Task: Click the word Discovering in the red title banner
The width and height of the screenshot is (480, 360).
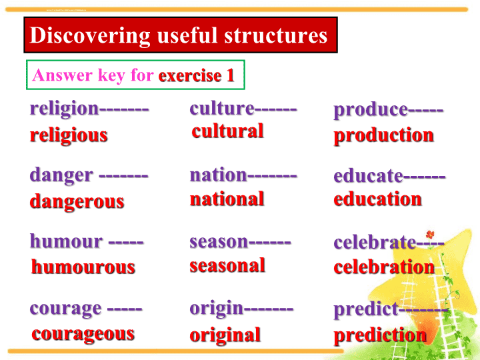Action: pos(90,36)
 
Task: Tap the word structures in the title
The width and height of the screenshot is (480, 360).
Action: pos(276,35)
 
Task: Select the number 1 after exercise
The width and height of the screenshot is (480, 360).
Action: pos(230,75)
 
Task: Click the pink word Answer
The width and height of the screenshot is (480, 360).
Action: pos(63,75)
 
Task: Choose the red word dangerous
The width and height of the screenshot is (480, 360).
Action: pos(77,202)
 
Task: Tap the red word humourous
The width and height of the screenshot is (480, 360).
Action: pos(83,267)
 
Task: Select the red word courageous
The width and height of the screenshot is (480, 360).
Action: pos(83,334)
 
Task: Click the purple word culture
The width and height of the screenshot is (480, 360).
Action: pos(222,109)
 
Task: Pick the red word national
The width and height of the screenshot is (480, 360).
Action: pos(227,199)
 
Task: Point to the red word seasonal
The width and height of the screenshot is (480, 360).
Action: pos(227,265)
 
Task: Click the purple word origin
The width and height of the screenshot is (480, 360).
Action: pos(217,309)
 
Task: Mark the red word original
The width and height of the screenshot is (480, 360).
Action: pos(225,335)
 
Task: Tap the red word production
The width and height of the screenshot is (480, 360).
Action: pos(383,135)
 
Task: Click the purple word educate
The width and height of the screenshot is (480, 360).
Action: pos(368,176)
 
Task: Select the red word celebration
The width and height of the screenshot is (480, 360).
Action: pos(384,267)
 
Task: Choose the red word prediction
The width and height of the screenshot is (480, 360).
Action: pos(380,335)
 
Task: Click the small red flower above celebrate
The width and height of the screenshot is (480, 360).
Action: pos(430,235)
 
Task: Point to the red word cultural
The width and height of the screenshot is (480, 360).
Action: pos(227,131)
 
